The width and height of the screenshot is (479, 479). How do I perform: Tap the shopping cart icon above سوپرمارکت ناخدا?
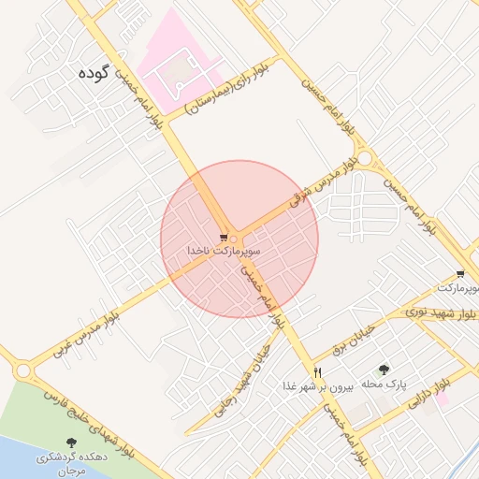224,238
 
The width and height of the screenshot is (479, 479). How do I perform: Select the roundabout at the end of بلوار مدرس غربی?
22,371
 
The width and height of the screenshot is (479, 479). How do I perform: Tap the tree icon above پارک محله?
383,370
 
